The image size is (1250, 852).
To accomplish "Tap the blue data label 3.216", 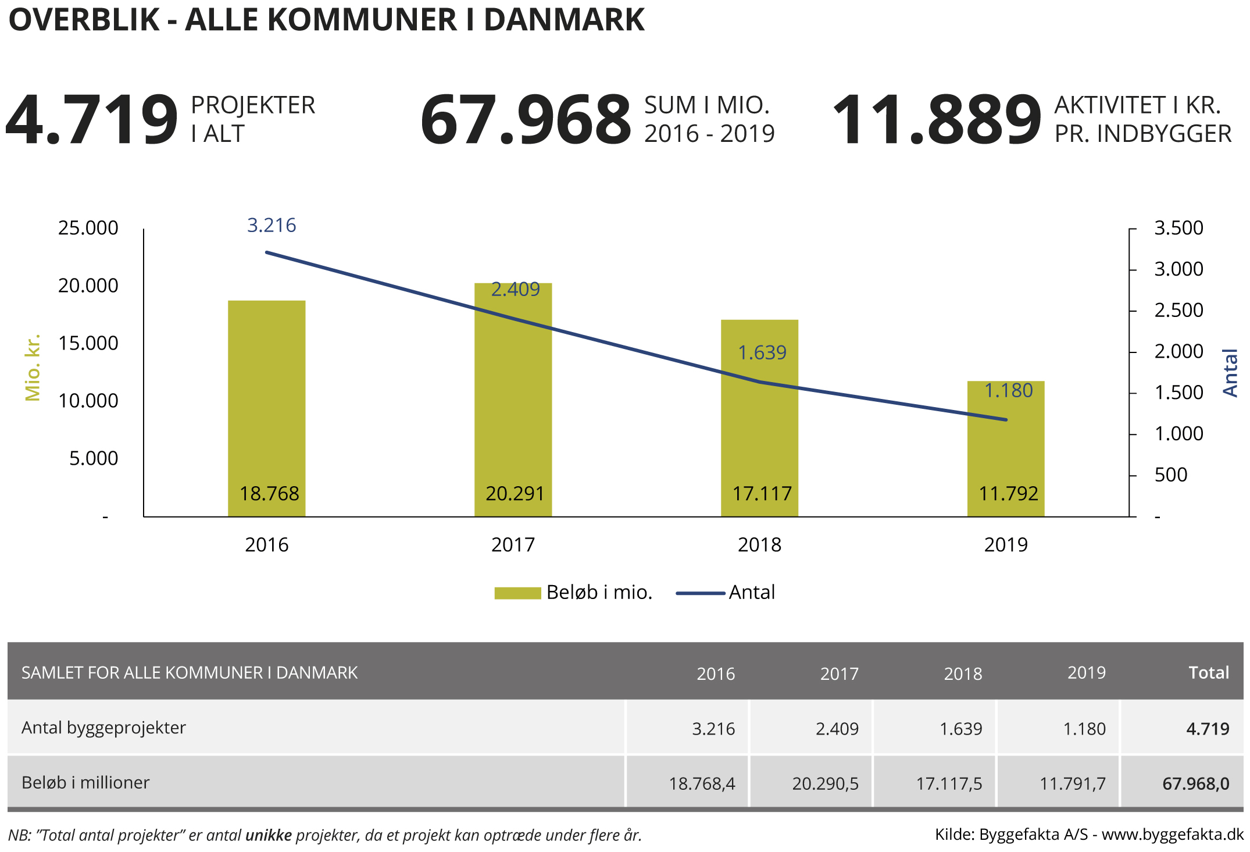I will [x=272, y=225].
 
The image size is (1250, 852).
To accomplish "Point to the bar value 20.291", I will [x=515, y=494].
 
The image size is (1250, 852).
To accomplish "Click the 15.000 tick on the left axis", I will [x=88, y=343].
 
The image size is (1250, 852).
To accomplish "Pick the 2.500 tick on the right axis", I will [x=1178, y=310].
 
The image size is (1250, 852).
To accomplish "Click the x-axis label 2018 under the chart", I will [x=759, y=545].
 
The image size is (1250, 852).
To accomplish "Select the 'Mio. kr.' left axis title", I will [x=33, y=368].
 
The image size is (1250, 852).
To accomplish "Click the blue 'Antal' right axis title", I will [x=1230, y=373].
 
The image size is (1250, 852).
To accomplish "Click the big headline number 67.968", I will [x=525, y=120].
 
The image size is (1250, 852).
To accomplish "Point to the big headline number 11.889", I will [x=936, y=120].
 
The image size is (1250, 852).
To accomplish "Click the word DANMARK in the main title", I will [x=564, y=20].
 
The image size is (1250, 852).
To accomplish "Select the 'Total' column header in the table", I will [x=1209, y=673].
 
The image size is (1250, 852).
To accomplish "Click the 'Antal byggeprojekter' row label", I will [x=103, y=728].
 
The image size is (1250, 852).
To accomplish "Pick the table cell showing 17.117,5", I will [x=949, y=784].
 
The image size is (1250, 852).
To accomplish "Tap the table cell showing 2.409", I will [x=837, y=729].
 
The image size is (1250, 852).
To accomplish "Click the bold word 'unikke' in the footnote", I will [x=269, y=835].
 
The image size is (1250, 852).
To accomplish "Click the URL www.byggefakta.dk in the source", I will [x=1172, y=835].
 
